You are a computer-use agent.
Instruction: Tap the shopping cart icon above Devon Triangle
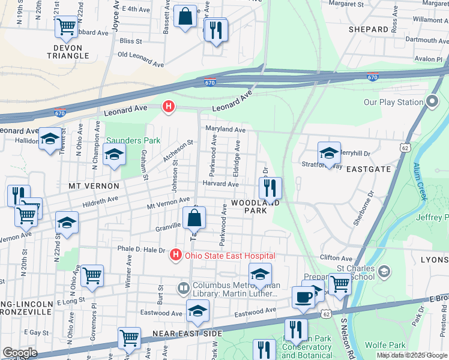click(66, 27)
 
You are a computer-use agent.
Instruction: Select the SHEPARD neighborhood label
click(368, 29)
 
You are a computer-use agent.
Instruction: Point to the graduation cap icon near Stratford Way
click(329, 154)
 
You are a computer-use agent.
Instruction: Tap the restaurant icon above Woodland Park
click(270, 188)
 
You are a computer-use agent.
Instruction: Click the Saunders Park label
click(133, 140)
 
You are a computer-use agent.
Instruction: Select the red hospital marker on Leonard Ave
click(169, 107)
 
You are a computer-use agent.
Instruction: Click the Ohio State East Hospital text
click(230, 256)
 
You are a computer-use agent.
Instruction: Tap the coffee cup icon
click(304, 297)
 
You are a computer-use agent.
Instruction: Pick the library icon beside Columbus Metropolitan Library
click(184, 289)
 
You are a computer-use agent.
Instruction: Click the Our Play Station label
click(394, 102)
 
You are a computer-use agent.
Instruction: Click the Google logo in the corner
click(20, 353)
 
